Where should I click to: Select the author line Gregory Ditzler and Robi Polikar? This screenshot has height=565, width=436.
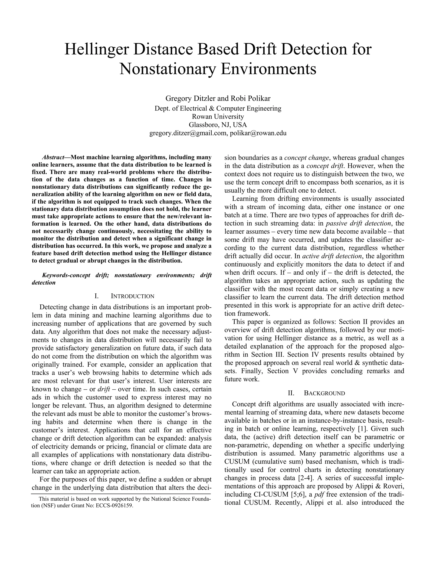coord(218,98)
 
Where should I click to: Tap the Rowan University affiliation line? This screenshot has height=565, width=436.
coord(218,116)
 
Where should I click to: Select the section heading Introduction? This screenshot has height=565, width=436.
coord(132,296)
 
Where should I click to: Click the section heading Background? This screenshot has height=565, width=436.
coord(324,393)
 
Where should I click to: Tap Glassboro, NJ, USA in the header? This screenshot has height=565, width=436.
coord(218,125)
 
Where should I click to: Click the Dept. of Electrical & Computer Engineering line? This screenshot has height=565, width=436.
coord(218,108)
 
